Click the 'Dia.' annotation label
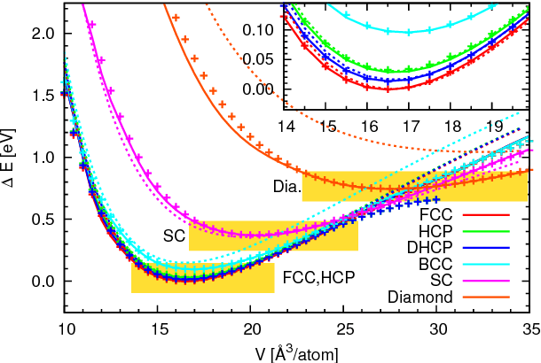pyautogui.click(x=286, y=187)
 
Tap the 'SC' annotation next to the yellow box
pyautogui.click(x=174, y=236)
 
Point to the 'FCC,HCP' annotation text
pyautogui.click(x=318, y=277)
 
